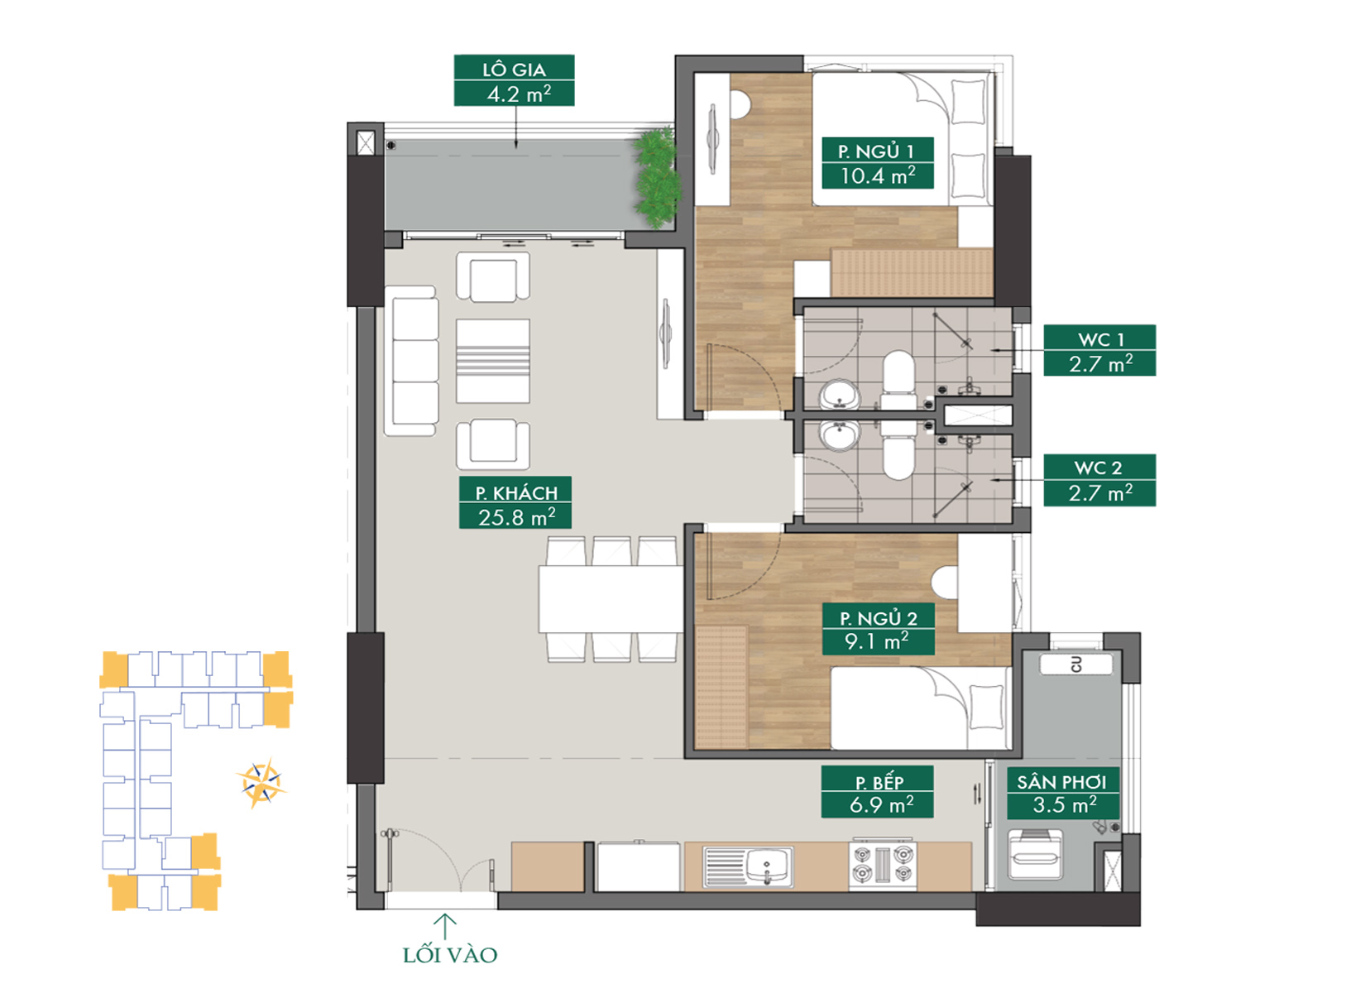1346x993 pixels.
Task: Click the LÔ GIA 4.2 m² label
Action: tap(514, 80)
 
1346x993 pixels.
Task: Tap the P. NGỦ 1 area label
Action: tap(877, 163)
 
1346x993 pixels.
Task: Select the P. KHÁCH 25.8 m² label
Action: tap(515, 503)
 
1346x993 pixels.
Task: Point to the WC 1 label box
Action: tap(1099, 350)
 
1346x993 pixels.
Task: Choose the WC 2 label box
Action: tap(1099, 480)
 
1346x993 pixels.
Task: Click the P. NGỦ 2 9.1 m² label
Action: tap(878, 629)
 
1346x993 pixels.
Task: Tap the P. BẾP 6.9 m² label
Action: tap(877, 792)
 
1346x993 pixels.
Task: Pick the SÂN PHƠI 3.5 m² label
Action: tap(1063, 793)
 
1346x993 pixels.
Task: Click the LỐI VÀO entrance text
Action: tap(450, 956)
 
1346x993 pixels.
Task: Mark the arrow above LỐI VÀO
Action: tap(444, 926)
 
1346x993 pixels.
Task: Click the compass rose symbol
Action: tap(261, 783)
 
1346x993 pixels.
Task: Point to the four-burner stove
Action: tap(883, 865)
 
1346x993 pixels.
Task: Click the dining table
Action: tap(611, 598)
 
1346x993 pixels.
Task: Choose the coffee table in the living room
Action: tap(493, 361)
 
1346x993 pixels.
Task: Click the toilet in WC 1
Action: tap(898, 380)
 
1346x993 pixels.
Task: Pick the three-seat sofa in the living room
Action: tap(412, 361)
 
